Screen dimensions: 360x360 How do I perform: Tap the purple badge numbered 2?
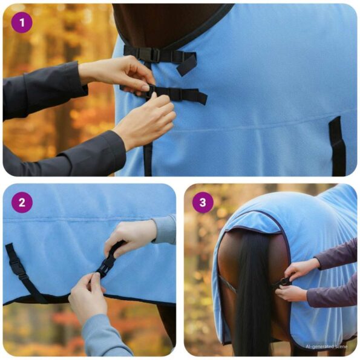pyautogui.click(x=22, y=203)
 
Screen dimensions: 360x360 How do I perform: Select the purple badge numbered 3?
pyautogui.click(x=203, y=203)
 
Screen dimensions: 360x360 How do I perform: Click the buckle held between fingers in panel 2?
pyautogui.click(x=108, y=264)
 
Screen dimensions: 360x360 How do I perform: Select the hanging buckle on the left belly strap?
pyautogui.click(x=18, y=265)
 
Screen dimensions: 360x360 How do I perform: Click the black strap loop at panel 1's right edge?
pyautogui.click(x=337, y=145)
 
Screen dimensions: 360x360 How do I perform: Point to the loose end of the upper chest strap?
pyautogui.click(x=188, y=64)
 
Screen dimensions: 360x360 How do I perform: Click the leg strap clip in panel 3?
pyautogui.click(x=284, y=282)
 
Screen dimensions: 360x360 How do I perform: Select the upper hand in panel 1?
pyautogui.click(x=118, y=73)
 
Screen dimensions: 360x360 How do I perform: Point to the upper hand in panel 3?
pyautogui.click(x=301, y=268)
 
